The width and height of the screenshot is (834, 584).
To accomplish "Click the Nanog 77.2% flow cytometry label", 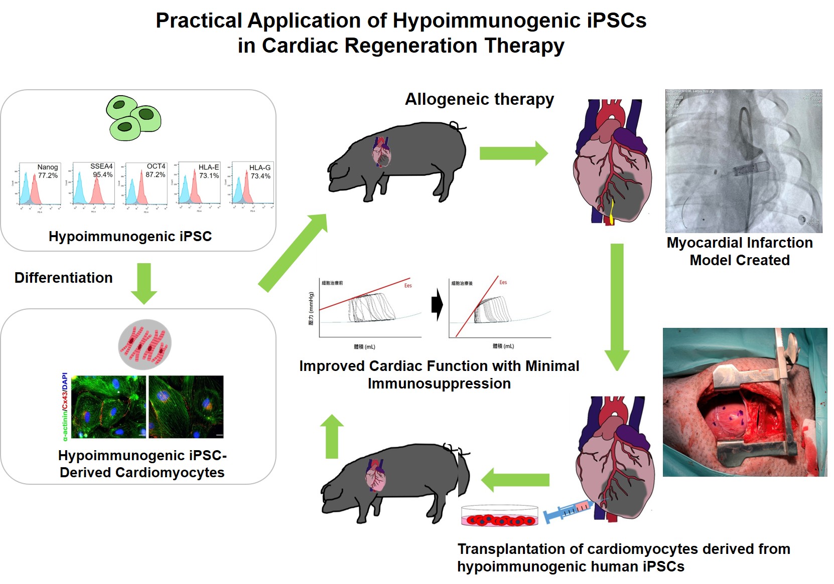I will (48, 171).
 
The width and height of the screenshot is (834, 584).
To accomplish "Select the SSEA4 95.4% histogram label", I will (102, 170).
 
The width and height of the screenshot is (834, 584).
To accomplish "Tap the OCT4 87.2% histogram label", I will (156, 170).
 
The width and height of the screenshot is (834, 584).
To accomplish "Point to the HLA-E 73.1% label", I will (209, 171).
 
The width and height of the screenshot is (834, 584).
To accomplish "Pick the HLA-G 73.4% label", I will (260, 171).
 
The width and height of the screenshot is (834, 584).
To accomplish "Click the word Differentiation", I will (64, 278).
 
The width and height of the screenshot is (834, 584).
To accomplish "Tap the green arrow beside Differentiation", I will (144, 283).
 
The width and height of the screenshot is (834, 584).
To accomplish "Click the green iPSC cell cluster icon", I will (133, 118).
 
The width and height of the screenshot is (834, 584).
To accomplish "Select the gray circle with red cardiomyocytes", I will (145, 345).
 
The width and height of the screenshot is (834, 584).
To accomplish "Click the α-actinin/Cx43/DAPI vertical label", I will (65, 407).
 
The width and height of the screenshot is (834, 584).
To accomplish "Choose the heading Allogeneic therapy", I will (479, 99).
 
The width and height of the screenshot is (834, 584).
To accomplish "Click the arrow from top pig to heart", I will (513, 153).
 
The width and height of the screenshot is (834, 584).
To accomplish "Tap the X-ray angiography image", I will (743, 161).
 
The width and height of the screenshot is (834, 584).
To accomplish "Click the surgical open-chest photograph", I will (745, 402).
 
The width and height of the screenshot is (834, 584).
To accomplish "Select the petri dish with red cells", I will (499, 516).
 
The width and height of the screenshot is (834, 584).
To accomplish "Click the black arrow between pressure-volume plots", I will (437, 304).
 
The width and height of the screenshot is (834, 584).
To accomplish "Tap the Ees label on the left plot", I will (408, 286).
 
